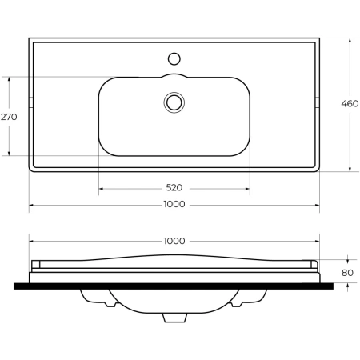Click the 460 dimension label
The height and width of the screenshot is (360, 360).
tap(350, 103)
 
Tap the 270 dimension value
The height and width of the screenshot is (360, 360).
tap(9, 117)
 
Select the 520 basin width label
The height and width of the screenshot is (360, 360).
tap(174, 188)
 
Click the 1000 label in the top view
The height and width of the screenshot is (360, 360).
tap(174, 204)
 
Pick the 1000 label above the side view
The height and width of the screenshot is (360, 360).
tap(174, 241)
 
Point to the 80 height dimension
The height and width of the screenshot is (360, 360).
tap(347, 273)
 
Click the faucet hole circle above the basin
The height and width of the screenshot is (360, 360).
tap(174, 58)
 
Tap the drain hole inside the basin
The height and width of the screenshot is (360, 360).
tap(174, 102)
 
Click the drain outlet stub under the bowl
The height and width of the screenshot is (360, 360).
tap(174, 318)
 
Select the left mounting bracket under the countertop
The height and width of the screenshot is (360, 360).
tap(98, 298)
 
